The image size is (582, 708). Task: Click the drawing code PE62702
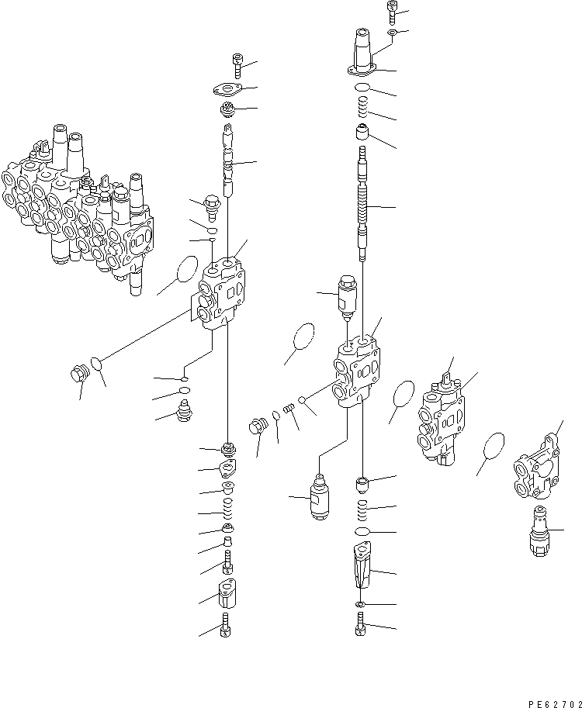pyautogui.click(x=554, y=704)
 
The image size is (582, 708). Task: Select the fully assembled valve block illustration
pyautogui.click(x=77, y=210)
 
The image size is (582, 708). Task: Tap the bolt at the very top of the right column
pyautogui.click(x=392, y=12)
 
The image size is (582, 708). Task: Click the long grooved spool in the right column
pyautogui.click(x=363, y=204)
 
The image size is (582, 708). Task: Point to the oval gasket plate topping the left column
pyautogui.click(x=229, y=89)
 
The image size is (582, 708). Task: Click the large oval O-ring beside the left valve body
pyautogui.click(x=186, y=269)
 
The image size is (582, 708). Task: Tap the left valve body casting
pyautogui.click(x=220, y=293)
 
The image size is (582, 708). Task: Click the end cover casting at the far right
pyautogui.click(x=537, y=468)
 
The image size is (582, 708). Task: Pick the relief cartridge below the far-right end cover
pyautogui.click(x=539, y=531)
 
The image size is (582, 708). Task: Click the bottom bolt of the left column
pyautogui.click(x=226, y=625)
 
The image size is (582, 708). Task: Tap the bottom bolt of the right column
pyautogui.click(x=361, y=624)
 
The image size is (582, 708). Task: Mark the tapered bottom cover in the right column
pyautogui.click(x=362, y=565)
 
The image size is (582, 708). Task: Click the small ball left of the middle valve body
pyautogui.click(x=302, y=399)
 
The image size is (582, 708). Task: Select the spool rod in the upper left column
pyautogui.click(x=229, y=161)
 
